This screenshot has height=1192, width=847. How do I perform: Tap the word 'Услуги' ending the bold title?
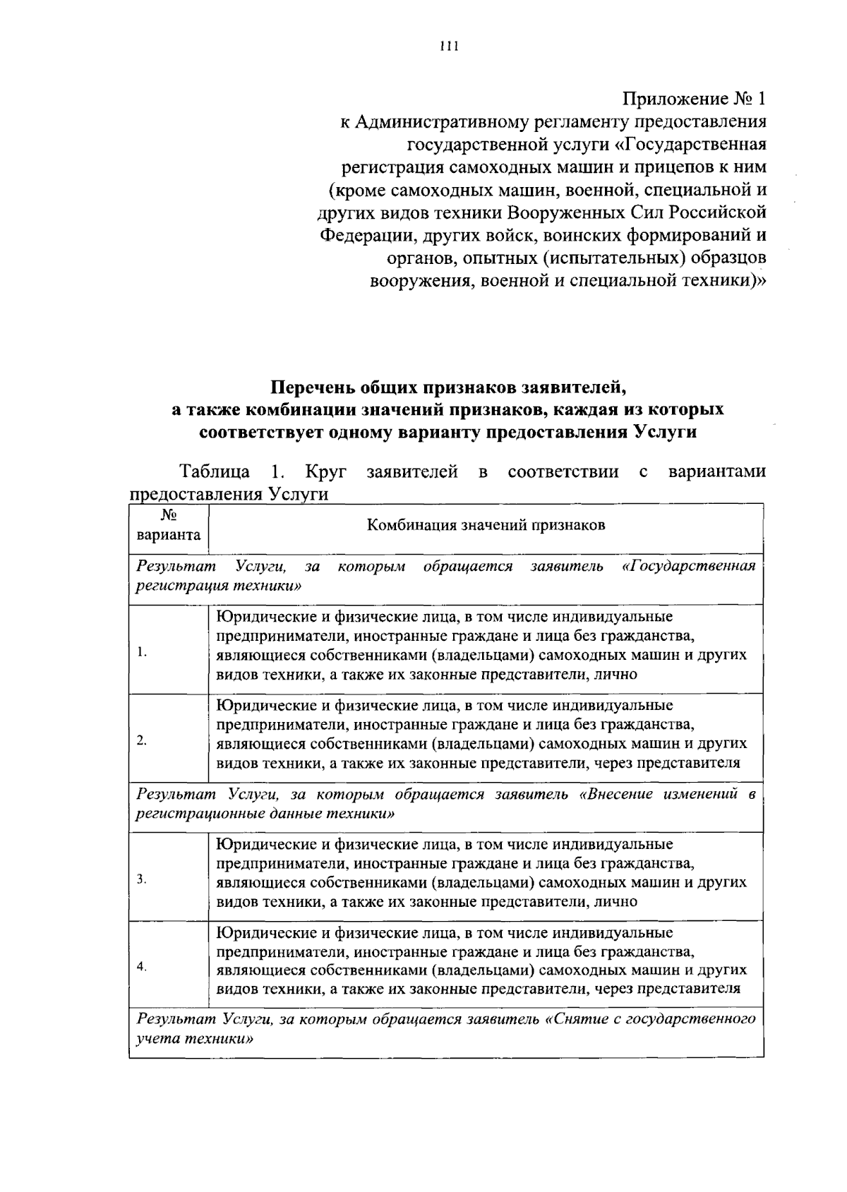pyautogui.click(x=668, y=432)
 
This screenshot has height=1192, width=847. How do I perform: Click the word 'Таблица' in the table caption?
pyautogui.click(x=215, y=471)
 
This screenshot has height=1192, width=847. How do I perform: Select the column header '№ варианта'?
pyautogui.click(x=169, y=526)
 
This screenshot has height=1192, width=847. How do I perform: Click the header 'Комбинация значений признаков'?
pyautogui.click(x=486, y=526)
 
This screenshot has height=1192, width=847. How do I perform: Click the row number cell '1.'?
pyautogui.click(x=142, y=652)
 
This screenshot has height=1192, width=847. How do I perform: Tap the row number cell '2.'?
pyautogui.click(x=142, y=740)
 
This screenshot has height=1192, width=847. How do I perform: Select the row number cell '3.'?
pyautogui.click(x=142, y=879)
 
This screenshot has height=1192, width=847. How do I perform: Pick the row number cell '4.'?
pyautogui.click(x=142, y=967)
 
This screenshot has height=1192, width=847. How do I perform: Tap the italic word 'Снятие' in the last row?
pyautogui.click(x=579, y=1019)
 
